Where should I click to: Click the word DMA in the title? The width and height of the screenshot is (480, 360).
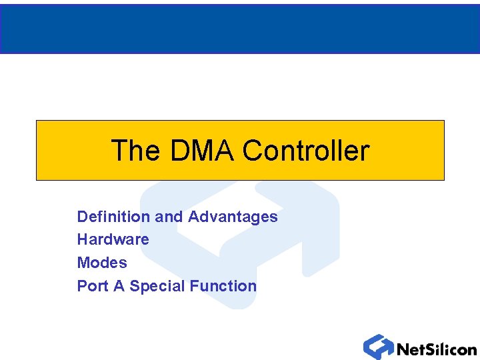point(202,151)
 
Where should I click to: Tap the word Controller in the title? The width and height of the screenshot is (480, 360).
point(305,151)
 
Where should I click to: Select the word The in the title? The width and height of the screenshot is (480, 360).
point(136,151)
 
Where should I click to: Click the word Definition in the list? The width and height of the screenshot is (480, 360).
point(113,217)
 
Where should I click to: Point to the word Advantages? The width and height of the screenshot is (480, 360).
point(233,217)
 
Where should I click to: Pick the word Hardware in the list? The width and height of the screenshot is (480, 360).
point(113,239)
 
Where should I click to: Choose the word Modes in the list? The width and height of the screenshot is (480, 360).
point(102,263)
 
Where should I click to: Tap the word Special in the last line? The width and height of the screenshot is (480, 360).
point(157,286)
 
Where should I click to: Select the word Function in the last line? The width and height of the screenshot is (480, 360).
point(223,286)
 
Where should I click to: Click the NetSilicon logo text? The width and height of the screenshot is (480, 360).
point(437,349)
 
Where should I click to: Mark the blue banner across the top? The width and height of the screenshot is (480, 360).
point(240,28)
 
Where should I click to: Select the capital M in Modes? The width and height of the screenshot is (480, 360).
point(83,263)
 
